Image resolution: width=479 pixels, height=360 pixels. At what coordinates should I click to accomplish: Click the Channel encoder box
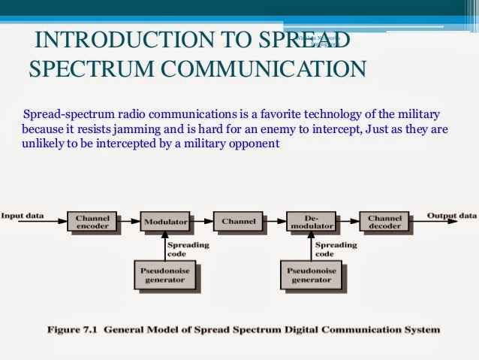pos(92,222)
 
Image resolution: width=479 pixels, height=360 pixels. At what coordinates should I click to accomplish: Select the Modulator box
pos(165,222)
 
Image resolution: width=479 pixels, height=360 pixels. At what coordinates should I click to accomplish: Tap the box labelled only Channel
pos(238,222)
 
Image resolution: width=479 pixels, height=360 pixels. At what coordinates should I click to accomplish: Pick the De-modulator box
pos(311,222)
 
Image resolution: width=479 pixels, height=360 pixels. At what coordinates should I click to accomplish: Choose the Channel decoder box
pos(384,222)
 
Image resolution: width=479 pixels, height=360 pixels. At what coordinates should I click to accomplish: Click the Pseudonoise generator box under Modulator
pos(165,275)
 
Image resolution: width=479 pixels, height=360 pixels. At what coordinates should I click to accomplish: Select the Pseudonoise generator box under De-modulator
pos(311,275)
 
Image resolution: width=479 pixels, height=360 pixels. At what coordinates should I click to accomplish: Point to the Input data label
pos(23,216)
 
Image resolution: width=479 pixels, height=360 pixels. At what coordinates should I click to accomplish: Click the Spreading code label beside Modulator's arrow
pos(188,249)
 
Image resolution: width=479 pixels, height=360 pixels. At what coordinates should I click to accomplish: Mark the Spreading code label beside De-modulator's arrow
pos(336,249)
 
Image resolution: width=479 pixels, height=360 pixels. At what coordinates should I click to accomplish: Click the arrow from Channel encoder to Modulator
pos(129,222)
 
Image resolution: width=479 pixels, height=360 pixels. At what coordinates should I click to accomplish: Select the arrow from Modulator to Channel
pos(202,222)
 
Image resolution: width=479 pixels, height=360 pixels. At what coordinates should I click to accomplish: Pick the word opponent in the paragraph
pos(256,144)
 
